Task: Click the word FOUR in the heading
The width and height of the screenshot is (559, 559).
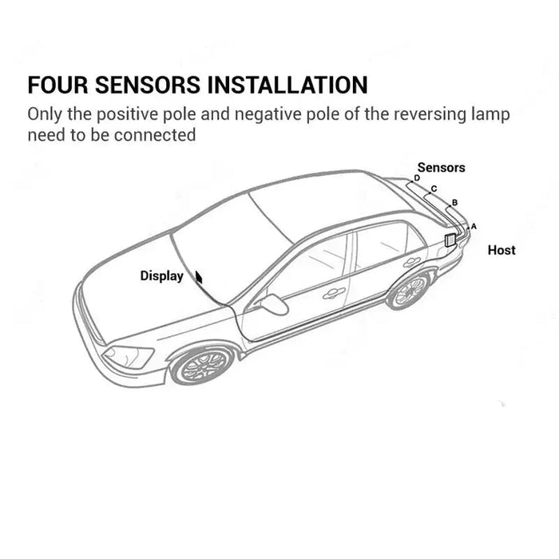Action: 57,85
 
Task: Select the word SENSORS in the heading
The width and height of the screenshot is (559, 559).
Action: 148,85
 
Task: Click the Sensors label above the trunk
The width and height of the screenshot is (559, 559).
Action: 441,168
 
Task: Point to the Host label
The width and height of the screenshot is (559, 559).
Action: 502,250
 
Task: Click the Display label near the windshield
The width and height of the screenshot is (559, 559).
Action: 161,276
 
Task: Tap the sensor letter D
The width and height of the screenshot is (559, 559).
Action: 417,178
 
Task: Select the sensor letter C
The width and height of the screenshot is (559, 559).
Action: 434,188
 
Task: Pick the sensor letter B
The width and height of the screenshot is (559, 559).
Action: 454,203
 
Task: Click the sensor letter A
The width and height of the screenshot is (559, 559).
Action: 474,226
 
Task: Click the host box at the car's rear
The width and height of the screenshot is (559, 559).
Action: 450,240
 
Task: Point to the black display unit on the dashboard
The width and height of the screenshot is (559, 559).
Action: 199,277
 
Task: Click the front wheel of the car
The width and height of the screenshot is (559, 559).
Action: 203,366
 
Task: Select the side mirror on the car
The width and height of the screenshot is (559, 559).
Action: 274,304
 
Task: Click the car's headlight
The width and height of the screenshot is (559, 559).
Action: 129,357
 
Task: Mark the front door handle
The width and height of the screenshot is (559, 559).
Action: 334,293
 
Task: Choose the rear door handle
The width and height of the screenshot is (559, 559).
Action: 412,262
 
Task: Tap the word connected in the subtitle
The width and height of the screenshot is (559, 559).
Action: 155,135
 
